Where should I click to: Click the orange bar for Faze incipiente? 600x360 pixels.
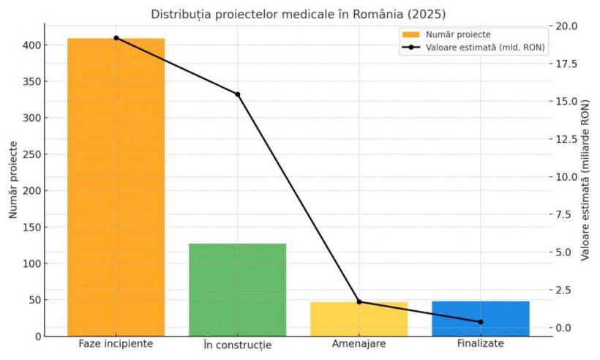(116, 187)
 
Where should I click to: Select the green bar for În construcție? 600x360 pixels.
(237, 289)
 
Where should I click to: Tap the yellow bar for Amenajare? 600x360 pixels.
(359, 320)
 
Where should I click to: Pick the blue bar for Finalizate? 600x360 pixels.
(480, 318)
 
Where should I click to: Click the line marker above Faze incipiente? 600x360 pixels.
(116, 38)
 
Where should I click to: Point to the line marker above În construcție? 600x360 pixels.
(238, 94)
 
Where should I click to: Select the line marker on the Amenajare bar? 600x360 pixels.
(359, 301)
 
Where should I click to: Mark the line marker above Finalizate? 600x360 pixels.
(481, 322)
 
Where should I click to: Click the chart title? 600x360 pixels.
(298, 14)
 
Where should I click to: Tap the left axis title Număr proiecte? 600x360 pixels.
(13, 180)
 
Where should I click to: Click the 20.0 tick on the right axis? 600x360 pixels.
(567, 26)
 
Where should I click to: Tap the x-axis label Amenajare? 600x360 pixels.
(359, 343)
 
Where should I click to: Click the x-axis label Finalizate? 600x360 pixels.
(481, 343)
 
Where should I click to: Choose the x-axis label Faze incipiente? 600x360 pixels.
(116, 343)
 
